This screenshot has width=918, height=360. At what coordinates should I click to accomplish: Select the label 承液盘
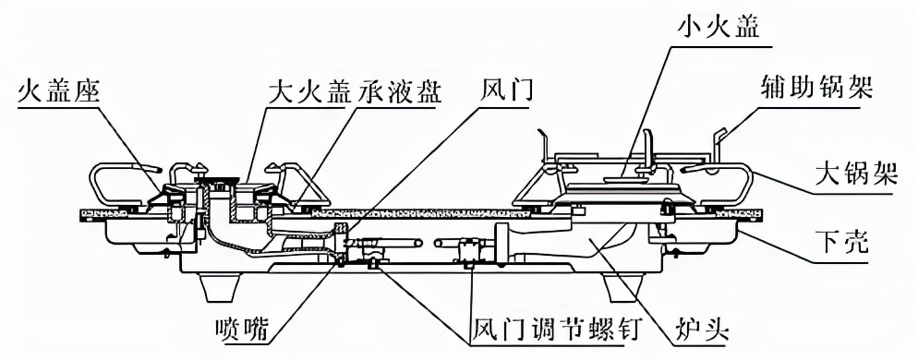(393, 92)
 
